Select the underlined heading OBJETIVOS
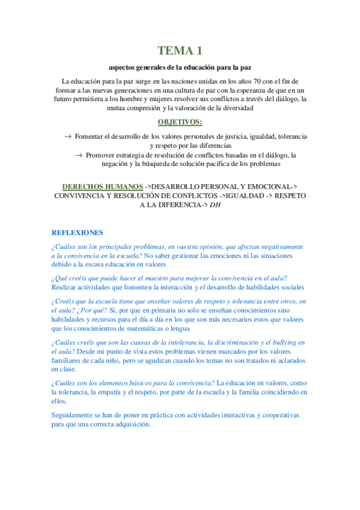tap(179, 122)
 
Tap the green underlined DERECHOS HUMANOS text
tap(102, 186)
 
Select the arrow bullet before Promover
tap(79, 155)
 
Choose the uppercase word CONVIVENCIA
tap(82, 196)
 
